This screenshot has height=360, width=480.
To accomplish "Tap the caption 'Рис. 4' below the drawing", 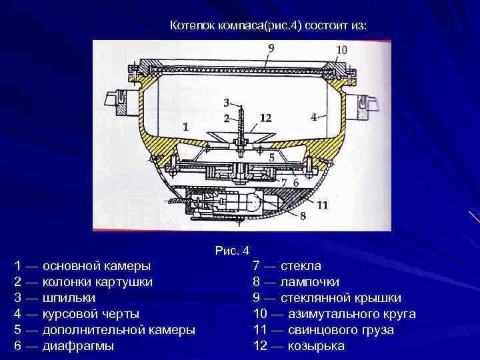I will pyautogui.click(x=232, y=251).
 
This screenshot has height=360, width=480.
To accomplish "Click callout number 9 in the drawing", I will pyautogui.click(x=271, y=47).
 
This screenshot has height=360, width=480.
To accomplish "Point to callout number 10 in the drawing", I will pyautogui.click(x=341, y=50).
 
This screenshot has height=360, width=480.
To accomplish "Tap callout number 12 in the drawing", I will pyautogui.click(x=265, y=118).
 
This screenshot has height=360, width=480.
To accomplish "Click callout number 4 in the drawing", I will pyautogui.click(x=313, y=117).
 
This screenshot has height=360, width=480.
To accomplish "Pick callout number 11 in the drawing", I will pyautogui.click(x=322, y=205).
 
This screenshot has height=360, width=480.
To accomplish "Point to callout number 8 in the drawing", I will pyautogui.click(x=303, y=215).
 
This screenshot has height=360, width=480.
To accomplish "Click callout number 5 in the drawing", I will pyautogui.click(x=271, y=157).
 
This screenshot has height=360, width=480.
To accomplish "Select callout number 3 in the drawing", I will pyautogui.click(x=227, y=103).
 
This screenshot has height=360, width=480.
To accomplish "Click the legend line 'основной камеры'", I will pyautogui.click(x=96, y=266).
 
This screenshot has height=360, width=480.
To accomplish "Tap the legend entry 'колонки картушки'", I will pyautogui.click(x=97, y=282).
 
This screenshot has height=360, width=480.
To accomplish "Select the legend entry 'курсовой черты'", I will pyautogui.click(x=91, y=314).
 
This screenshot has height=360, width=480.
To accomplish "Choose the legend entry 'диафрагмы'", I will pyautogui.click(x=77, y=346).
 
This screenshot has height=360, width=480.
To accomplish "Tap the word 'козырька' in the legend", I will pyautogui.click(x=316, y=346).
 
